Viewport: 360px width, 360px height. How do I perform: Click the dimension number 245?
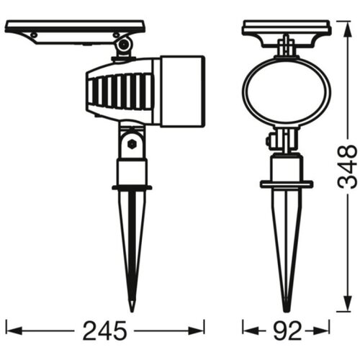click(104, 331)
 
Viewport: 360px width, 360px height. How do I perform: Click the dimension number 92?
click(288, 331)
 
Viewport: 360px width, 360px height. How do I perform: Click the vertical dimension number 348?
click(347, 166)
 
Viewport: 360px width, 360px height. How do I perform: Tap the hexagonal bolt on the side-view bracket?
click(132, 144)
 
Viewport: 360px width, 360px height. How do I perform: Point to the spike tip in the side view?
click(132, 311)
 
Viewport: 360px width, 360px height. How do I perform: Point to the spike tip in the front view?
click(286, 311)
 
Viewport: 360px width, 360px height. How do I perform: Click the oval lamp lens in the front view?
click(287, 92)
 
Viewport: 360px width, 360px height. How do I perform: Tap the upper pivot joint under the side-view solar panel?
click(124, 45)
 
